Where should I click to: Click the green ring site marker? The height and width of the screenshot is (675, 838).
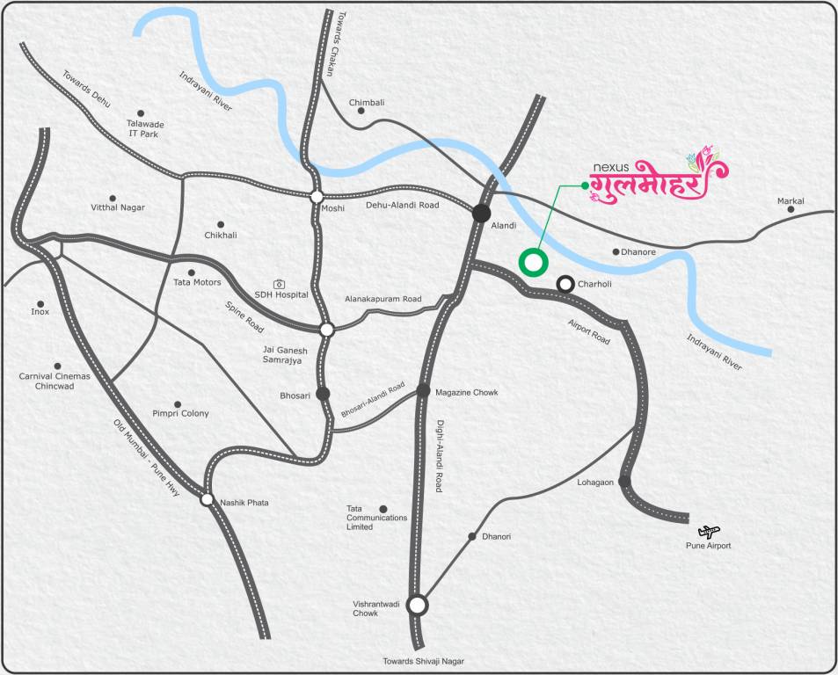(533, 262)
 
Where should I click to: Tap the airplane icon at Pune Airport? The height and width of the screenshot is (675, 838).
(709, 532)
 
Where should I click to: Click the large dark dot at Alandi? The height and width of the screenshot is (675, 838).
(481, 213)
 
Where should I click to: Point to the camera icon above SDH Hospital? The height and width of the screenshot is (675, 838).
(279, 284)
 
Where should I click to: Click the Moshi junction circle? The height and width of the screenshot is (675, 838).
(317, 197)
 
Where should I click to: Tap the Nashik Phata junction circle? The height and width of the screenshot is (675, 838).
(207, 499)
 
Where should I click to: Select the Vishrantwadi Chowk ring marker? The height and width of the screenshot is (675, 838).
(418, 605)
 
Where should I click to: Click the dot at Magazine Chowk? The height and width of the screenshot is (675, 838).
(423, 390)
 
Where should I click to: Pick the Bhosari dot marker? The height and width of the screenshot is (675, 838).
(323, 393)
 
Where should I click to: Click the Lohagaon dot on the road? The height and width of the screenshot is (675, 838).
(623, 482)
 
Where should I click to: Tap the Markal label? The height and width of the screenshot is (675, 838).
(791, 202)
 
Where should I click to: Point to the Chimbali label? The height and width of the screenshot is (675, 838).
(367, 103)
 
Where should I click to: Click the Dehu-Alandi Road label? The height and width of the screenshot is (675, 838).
(402, 205)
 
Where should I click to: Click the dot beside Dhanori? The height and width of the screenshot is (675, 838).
(472, 536)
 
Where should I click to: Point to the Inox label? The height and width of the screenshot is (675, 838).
(40, 312)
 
